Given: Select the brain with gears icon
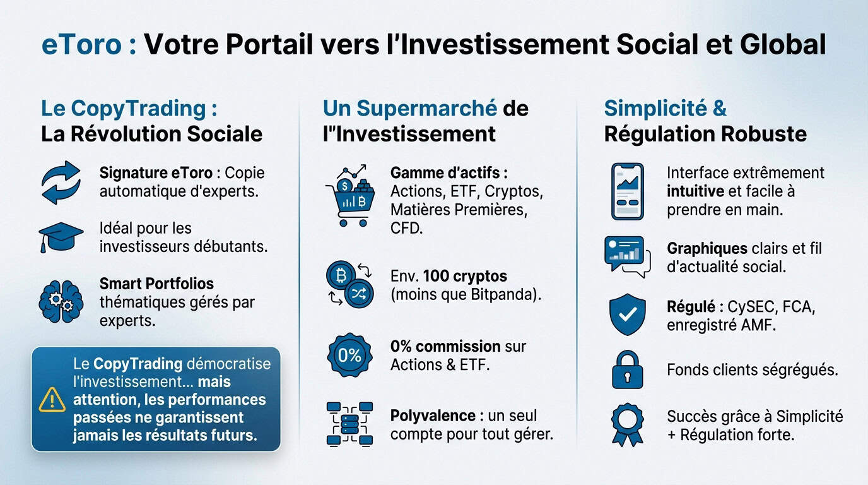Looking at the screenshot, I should pos(61,302).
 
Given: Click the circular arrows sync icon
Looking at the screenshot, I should pos(61,182).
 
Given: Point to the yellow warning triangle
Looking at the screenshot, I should pos(52,399).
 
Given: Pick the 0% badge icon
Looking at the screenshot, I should pos(349,356).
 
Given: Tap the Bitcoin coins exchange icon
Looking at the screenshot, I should pos(349,285).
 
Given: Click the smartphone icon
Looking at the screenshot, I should pos(627,191).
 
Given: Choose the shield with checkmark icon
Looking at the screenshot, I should pos(627,314).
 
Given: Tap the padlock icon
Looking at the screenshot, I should pos(627,370).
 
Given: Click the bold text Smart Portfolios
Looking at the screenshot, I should pos(156,284).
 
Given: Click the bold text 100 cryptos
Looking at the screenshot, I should pos(465,276).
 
